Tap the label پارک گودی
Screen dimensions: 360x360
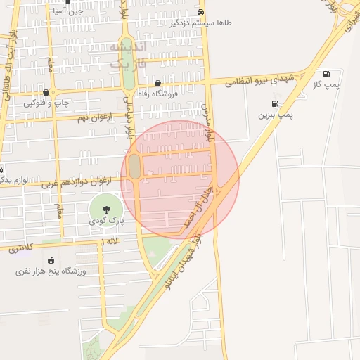(x=105, y=221)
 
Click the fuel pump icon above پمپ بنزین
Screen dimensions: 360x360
(x=275, y=104)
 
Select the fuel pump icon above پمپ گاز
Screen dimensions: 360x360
(x=326, y=74)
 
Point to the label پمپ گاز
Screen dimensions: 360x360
(x=326, y=84)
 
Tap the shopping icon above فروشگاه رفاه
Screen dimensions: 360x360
(x=157, y=83)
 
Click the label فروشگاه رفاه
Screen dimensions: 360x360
(x=157, y=94)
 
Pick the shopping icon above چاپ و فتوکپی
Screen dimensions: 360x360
(x=46, y=92)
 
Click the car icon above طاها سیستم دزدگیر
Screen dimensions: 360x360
(x=201, y=12)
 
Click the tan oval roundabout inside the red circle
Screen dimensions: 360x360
(x=134, y=166)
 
